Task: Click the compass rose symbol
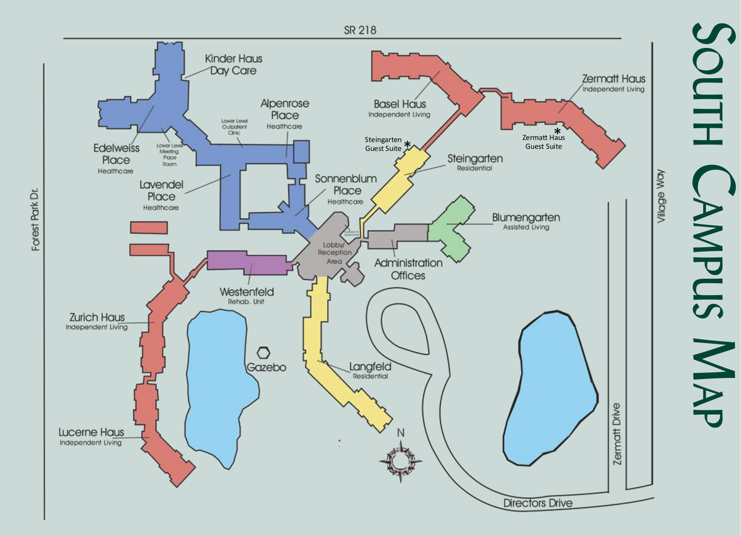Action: click(x=399, y=459)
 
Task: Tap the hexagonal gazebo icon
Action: click(x=264, y=353)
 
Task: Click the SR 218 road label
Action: click(x=360, y=30)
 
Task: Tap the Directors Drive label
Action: click(x=537, y=503)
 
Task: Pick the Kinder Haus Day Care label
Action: click(x=233, y=65)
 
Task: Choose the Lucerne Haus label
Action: click(x=91, y=436)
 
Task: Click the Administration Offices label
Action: click(x=408, y=269)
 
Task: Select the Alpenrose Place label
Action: click(x=285, y=111)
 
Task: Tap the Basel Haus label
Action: click(x=399, y=107)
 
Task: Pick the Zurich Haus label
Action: click(x=97, y=320)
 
